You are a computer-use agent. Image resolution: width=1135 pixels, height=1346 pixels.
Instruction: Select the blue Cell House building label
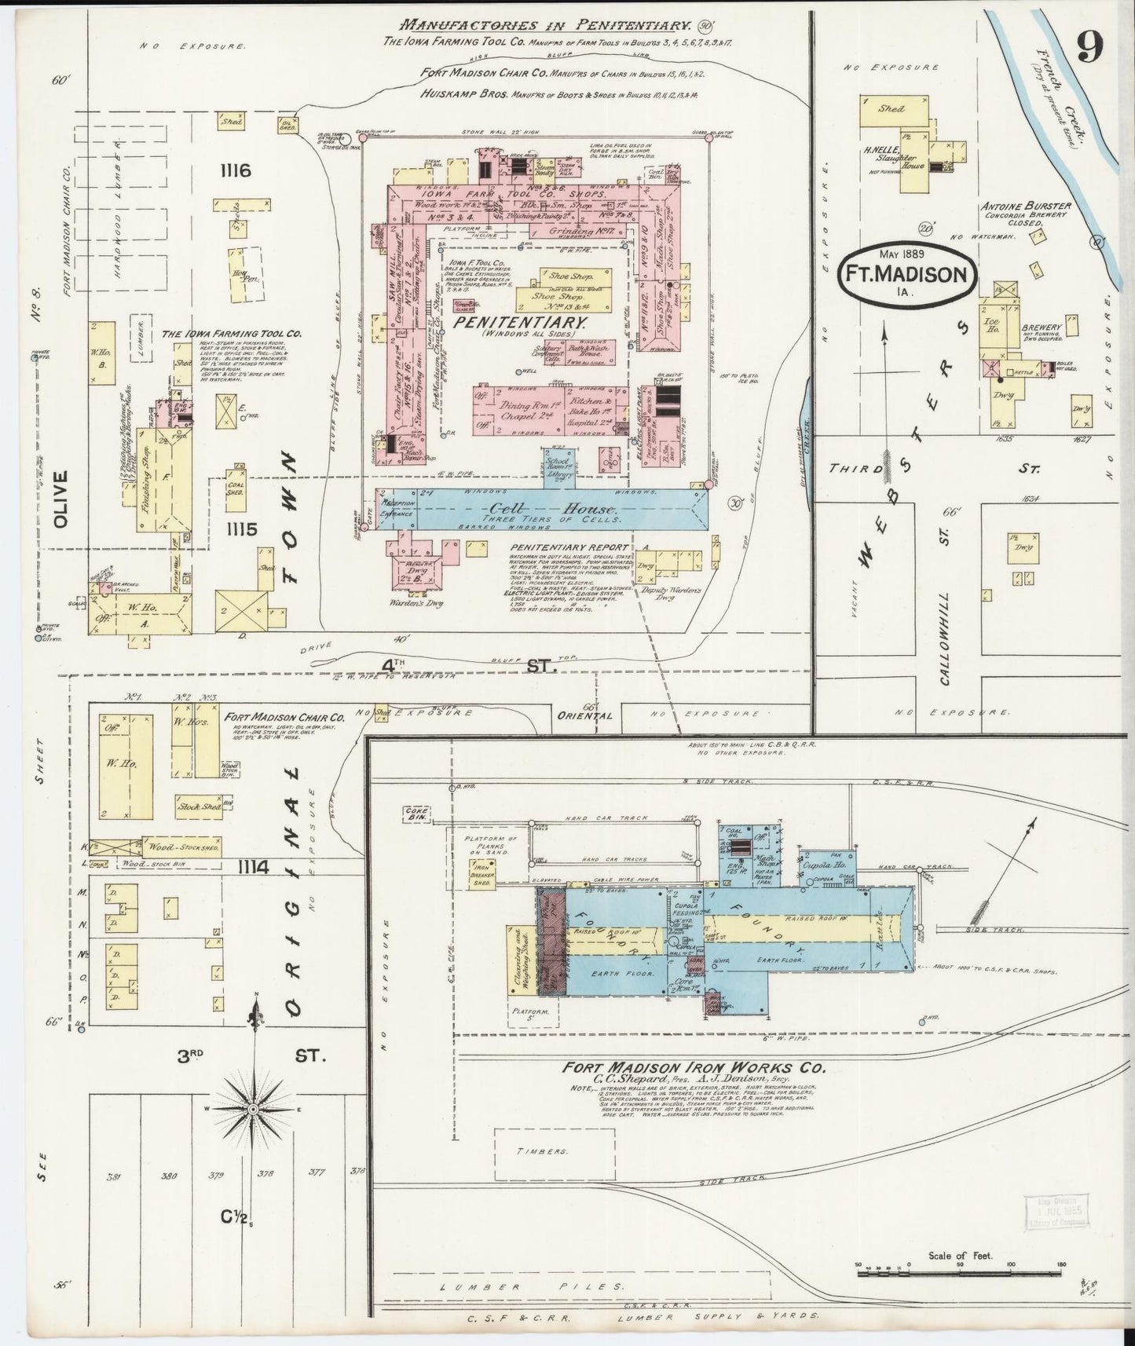[558, 510]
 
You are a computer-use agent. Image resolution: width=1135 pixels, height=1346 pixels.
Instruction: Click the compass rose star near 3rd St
[254, 1108]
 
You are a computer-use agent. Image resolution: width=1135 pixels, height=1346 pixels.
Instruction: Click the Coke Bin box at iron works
[416, 814]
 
